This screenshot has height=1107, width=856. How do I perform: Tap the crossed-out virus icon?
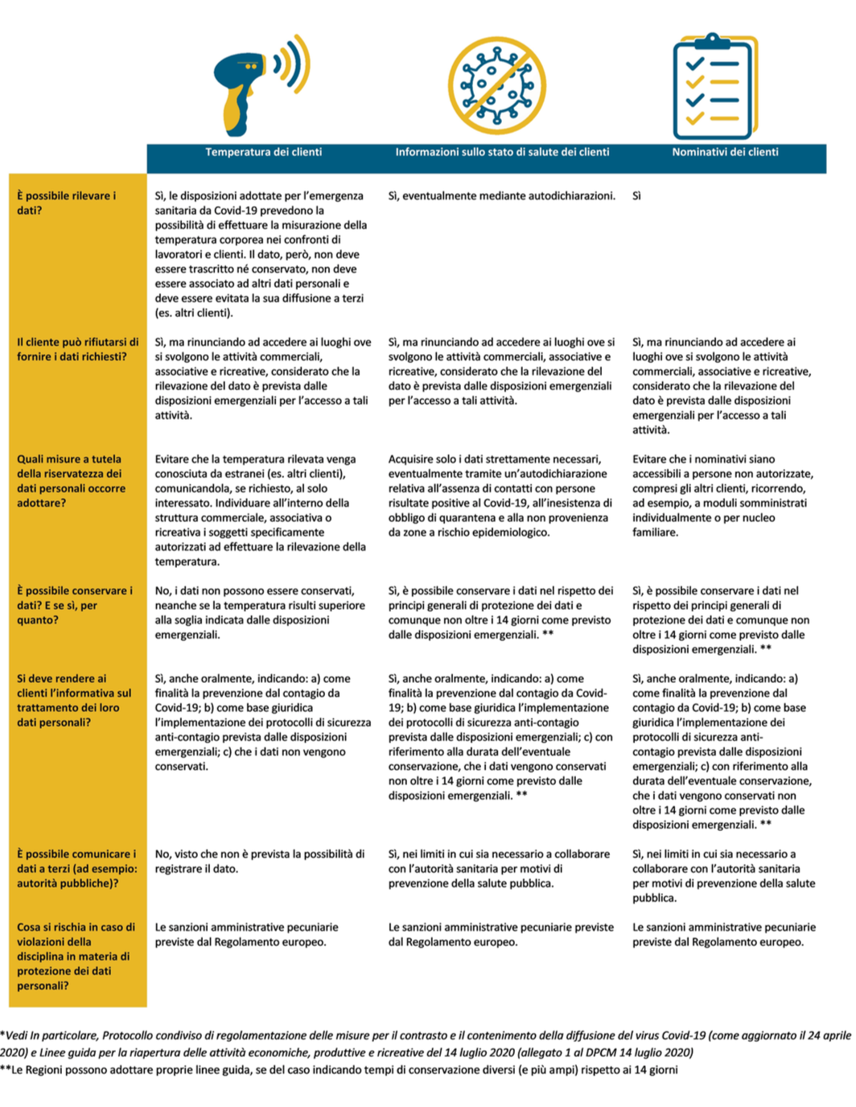click(x=496, y=86)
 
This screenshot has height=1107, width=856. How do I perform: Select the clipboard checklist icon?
click(x=714, y=87)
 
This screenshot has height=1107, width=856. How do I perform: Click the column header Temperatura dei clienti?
click(x=263, y=152)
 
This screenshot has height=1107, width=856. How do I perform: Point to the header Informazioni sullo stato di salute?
click(x=502, y=152)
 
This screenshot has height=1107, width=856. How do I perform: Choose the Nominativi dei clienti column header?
click(x=725, y=152)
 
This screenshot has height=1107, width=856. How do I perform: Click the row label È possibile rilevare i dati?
click(x=66, y=203)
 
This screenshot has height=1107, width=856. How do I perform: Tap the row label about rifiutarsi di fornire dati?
click(x=77, y=349)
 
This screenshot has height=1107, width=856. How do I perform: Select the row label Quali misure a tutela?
click(x=71, y=480)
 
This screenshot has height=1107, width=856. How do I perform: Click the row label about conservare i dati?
click(x=74, y=605)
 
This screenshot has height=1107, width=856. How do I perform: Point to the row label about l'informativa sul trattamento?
click(x=74, y=700)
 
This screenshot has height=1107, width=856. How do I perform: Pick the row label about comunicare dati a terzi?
click(x=76, y=868)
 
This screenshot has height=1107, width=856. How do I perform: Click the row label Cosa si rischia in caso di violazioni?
click(x=76, y=956)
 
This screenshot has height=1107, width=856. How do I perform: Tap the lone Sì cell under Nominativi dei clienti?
click(x=636, y=195)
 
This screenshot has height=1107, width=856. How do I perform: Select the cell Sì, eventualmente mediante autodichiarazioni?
click(x=501, y=195)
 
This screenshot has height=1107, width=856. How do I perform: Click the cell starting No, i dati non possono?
click(x=260, y=612)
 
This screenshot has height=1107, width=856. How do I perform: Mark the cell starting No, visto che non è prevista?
click(x=259, y=861)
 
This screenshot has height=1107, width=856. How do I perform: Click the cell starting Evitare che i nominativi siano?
click(x=722, y=495)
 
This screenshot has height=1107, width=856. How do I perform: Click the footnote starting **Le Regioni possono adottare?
click(x=339, y=1070)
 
